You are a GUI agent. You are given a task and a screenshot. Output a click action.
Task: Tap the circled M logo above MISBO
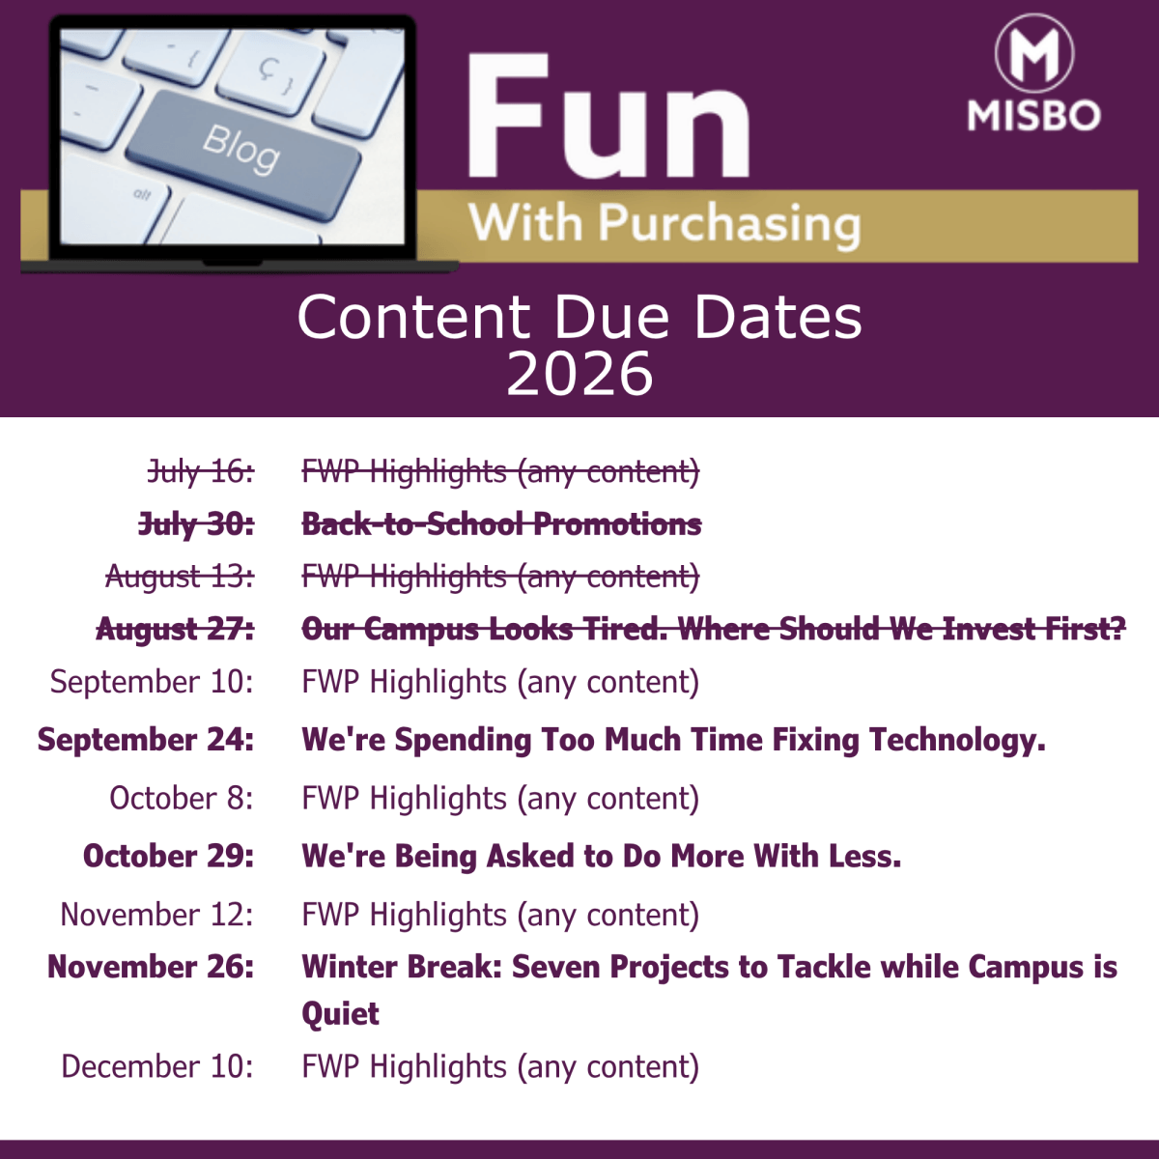click(x=1033, y=53)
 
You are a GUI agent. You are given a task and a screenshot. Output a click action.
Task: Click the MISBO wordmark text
click(x=1033, y=115)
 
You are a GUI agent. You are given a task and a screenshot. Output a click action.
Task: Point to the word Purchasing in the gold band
click(x=729, y=224)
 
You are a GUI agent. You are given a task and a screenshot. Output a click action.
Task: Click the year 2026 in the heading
click(x=579, y=374)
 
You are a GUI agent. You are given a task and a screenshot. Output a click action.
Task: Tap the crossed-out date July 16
click(x=201, y=471)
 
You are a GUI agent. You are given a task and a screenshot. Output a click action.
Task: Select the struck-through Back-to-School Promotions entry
click(x=501, y=523)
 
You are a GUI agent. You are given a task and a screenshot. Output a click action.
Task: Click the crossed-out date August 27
click(x=175, y=630)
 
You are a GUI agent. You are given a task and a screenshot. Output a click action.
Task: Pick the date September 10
click(x=152, y=682)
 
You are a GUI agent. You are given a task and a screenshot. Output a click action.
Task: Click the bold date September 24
click(x=146, y=739)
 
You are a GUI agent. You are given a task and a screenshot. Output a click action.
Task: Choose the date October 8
click(x=181, y=798)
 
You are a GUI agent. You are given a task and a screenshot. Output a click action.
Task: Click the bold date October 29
click(x=168, y=856)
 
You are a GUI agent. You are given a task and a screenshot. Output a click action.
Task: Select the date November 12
click(x=157, y=915)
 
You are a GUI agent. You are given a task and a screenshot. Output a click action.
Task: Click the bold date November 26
click(x=151, y=967)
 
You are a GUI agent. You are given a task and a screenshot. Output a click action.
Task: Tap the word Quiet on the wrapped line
click(x=340, y=1014)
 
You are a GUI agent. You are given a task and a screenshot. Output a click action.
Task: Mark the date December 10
click(x=157, y=1066)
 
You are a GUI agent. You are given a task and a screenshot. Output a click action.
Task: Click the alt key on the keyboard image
click(x=142, y=195)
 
